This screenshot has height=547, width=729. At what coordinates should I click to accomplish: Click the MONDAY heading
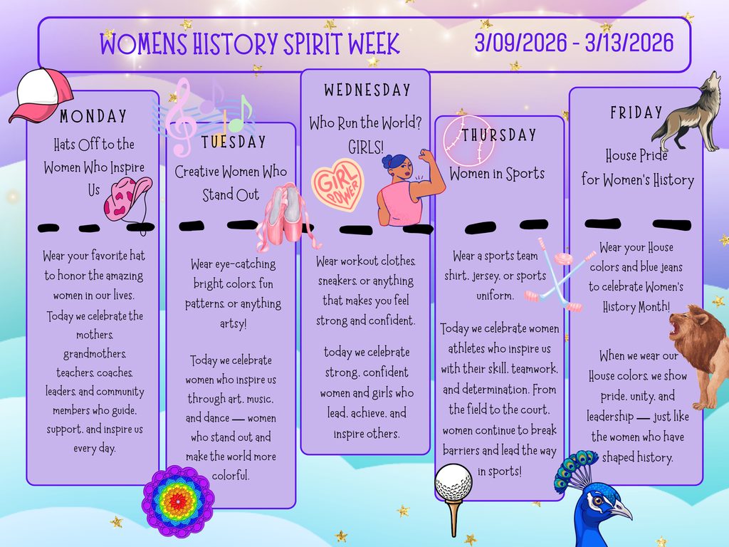[93, 116]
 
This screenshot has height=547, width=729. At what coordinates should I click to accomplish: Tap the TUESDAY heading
[234, 142]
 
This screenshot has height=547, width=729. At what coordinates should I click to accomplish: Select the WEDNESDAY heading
[367, 90]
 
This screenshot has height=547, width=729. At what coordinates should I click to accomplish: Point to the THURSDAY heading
[498, 135]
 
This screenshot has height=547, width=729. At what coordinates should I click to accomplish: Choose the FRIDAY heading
[636, 113]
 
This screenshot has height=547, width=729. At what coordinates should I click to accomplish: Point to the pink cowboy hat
[128, 197]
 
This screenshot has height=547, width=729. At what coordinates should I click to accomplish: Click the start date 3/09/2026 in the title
[523, 43]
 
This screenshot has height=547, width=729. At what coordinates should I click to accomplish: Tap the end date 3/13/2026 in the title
[629, 43]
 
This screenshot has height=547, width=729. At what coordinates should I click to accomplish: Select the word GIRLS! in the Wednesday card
[366, 147]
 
